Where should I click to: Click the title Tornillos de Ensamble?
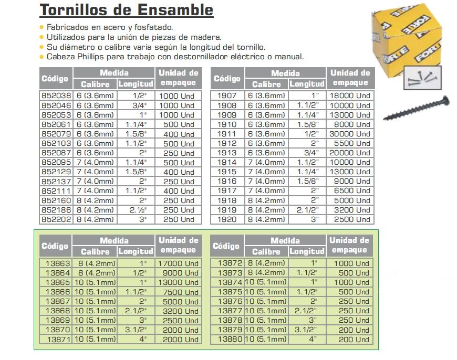coord(126,10)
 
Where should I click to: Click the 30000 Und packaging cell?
coord(350,134)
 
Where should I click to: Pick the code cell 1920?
coord(227,219)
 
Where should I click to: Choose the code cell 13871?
coord(58,340)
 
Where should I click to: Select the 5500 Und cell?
coord(350,143)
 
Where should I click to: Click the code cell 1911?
coord(227,134)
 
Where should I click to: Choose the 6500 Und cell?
coord(350,191)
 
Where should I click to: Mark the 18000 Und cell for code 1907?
coord(350,96)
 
